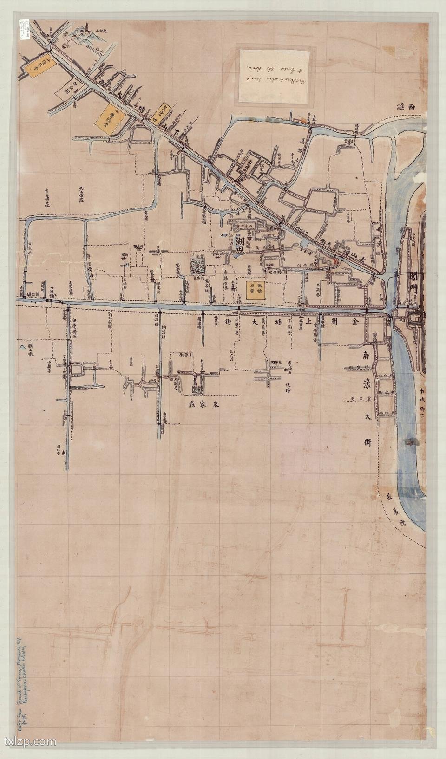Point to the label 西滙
point(404,106)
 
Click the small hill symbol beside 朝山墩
point(20,346)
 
